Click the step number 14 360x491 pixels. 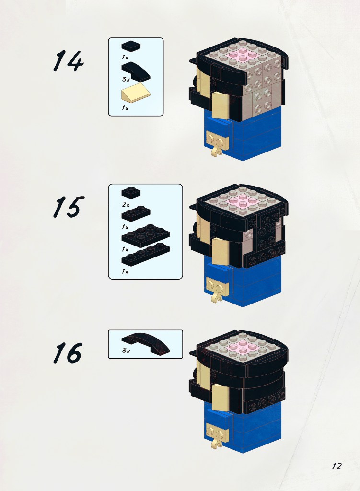pos(68,61)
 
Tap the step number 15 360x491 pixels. pos(69,207)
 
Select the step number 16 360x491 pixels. pos(68,353)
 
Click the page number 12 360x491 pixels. pos(337,466)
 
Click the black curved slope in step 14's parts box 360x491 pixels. pos(136,70)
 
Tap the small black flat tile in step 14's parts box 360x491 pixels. pos(131,46)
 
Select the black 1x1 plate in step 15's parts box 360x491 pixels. pos(131,192)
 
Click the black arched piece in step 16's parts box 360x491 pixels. pos(146,343)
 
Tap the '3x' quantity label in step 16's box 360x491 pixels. pos(126,351)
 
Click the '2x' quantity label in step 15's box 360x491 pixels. pos(126,204)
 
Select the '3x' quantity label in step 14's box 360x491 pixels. pos(126,79)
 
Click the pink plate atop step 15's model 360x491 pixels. pos(242,200)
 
